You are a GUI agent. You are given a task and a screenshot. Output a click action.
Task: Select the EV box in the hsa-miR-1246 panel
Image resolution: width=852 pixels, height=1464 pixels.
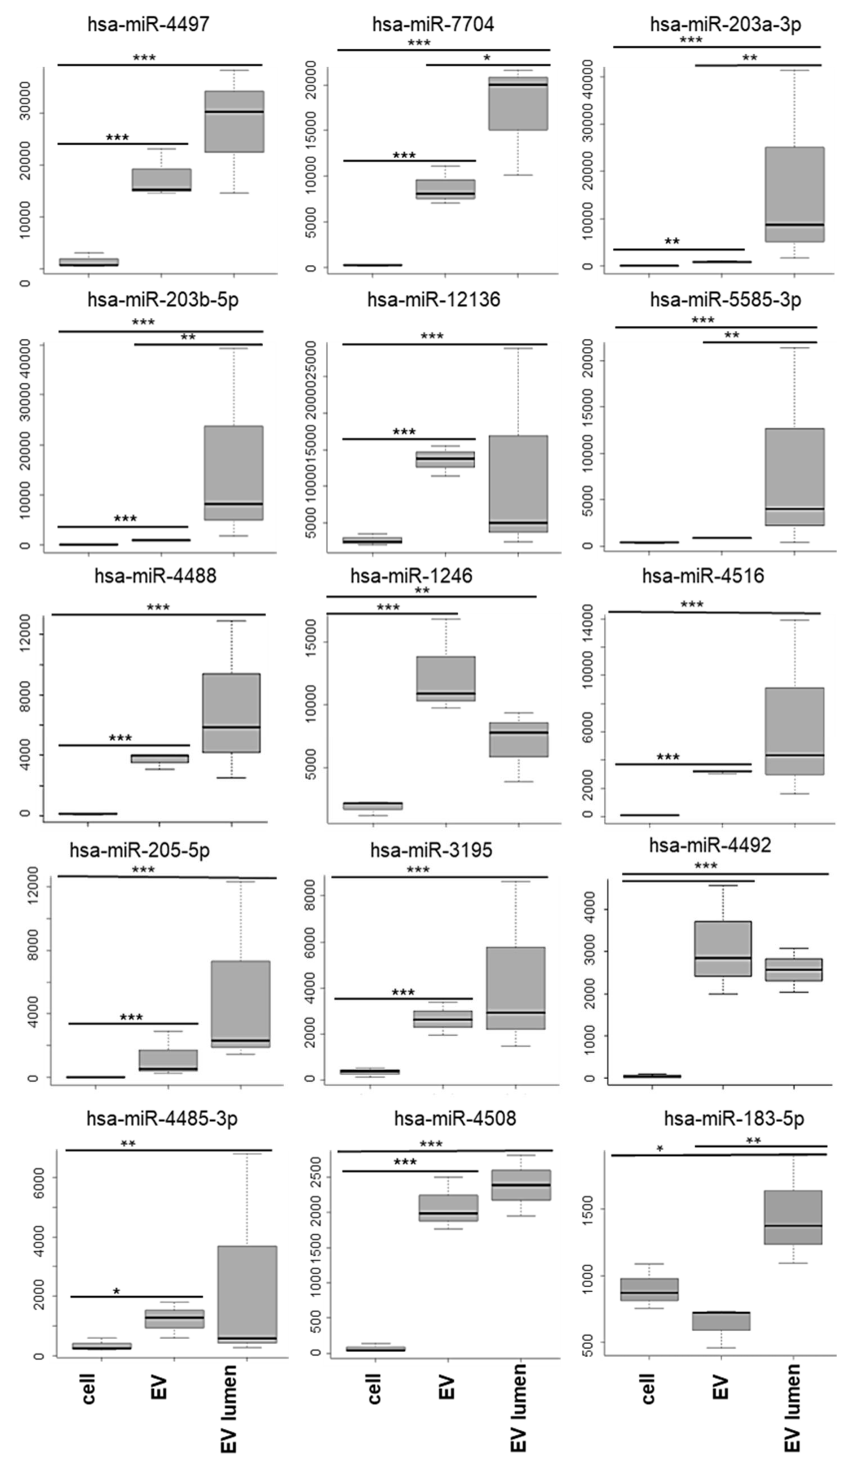445,678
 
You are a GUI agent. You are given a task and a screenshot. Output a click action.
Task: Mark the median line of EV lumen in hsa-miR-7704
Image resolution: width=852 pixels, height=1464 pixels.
518,85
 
